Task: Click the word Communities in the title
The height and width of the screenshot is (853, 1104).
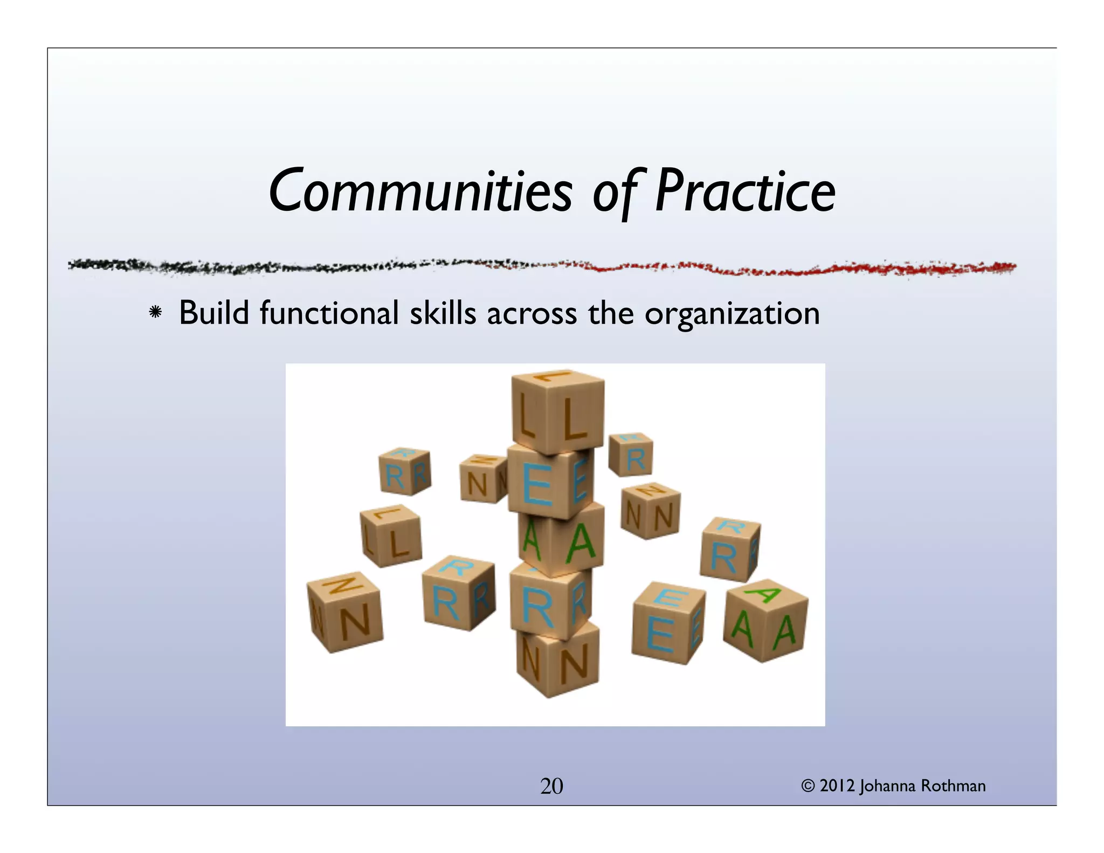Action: tap(420, 191)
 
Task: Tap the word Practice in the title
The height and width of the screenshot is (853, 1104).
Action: tap(745, 191)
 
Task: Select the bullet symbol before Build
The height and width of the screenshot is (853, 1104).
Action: tap(156, 313)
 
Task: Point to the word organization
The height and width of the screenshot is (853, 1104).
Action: tap(732, 314)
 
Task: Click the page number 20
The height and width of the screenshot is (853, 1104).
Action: tap(551, 786)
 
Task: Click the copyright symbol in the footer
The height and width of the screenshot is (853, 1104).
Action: tap(808, 786)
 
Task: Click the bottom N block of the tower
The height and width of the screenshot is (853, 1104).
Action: tap(557, 661)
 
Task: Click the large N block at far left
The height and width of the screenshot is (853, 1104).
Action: tap(345, 612)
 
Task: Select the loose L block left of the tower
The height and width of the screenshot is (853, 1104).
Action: tap(391, 535)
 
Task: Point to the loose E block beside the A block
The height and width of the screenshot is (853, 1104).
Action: tap(667, 623)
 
